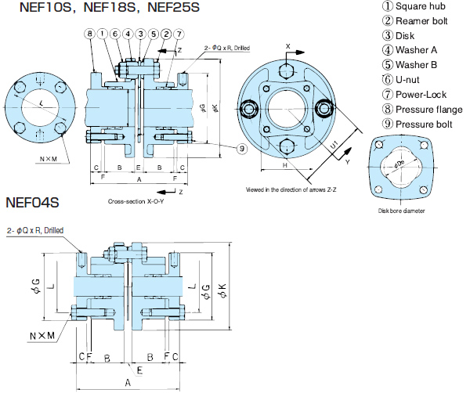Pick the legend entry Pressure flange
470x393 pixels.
coord(424,109)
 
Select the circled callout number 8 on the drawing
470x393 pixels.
coord(90,34)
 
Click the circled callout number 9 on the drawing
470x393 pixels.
coord(242,147)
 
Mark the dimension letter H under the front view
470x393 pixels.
coord(285,167)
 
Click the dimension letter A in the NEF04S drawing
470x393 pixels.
coord(127,382)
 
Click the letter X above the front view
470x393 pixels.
coord(288,46)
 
